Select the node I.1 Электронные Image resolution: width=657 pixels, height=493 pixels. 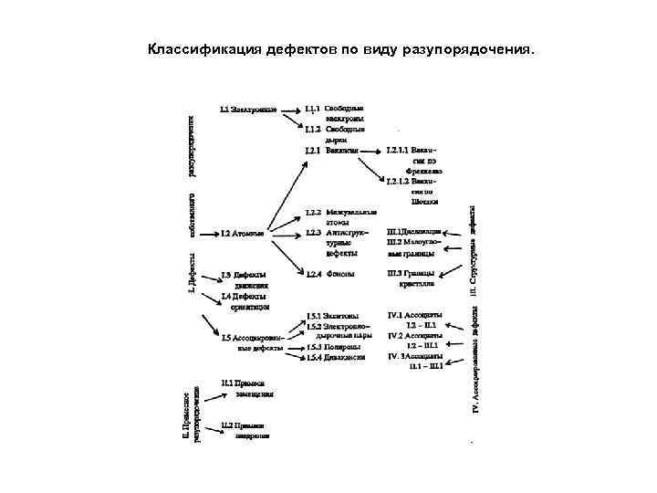pos(249,109)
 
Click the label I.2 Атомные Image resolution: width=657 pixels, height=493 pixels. pos(243,233)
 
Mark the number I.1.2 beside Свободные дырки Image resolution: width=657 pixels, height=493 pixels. pos(313,130)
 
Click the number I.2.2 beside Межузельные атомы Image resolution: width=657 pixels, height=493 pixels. pos(313,212)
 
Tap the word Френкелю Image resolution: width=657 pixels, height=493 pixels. pos(426,171)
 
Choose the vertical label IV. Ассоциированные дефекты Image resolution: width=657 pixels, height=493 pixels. pos(475,360)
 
